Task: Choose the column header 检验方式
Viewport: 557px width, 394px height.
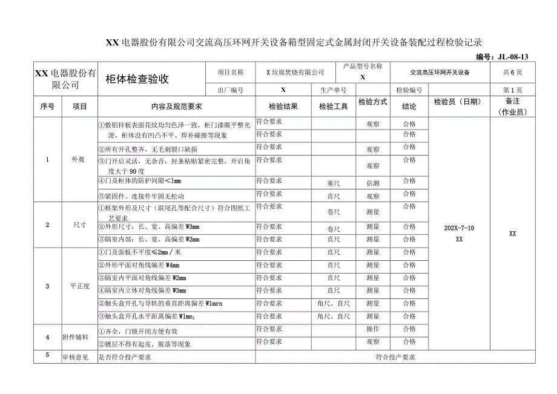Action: (372, 102)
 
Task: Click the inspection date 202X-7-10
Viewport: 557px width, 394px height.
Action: (459, 228)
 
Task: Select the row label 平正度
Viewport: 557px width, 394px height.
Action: (80, 286)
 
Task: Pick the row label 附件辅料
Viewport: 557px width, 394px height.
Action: (76, 337)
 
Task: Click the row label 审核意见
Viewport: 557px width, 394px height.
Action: (76, 357)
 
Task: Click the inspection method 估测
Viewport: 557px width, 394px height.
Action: (372, 182)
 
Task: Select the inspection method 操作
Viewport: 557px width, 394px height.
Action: (372, 330)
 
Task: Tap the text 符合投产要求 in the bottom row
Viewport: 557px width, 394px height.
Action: (395, 357)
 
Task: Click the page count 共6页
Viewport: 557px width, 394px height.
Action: (512, 72)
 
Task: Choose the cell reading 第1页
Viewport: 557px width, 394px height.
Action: (512, 90)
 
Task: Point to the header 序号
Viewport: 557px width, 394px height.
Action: (48, 106)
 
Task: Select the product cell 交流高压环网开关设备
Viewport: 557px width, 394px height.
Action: (440, 72)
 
